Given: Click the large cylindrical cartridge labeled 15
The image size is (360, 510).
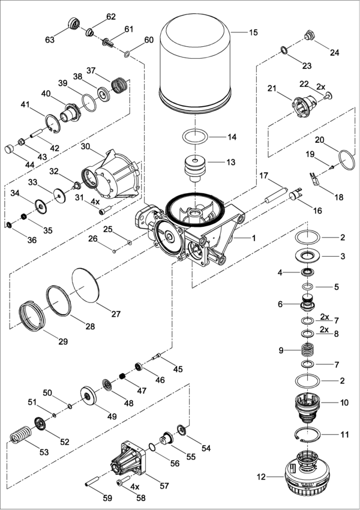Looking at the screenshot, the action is coord(195,64).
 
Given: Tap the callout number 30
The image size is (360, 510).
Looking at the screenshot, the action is coord(85,147).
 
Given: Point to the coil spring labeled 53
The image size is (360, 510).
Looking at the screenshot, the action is coord(20,435).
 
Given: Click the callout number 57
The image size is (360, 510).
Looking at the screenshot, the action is coord(164,485).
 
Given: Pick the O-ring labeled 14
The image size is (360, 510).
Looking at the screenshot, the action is coord(195,137).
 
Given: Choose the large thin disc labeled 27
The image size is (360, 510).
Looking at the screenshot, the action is coord(85,285).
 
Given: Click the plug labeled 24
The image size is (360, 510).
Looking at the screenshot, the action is coord(309,34).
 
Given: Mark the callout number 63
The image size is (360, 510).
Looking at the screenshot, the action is coord(50,40).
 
